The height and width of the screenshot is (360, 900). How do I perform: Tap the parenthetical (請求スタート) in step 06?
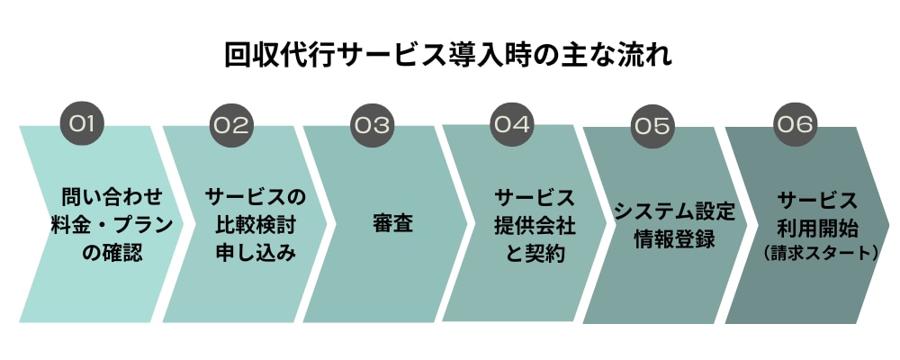[818, 254]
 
